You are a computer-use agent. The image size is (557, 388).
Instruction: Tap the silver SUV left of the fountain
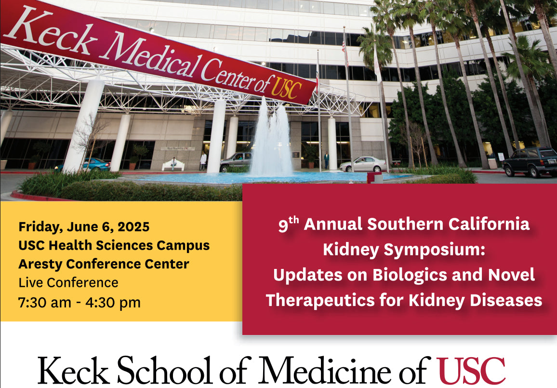(236, 161)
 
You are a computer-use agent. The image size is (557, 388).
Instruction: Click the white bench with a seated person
(173, 165)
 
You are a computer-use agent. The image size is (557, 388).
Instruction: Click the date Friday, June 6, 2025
(84, 227)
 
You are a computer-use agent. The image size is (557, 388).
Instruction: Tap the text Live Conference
(68, 282)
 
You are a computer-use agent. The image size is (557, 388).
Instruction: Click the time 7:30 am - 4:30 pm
(80, 303)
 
